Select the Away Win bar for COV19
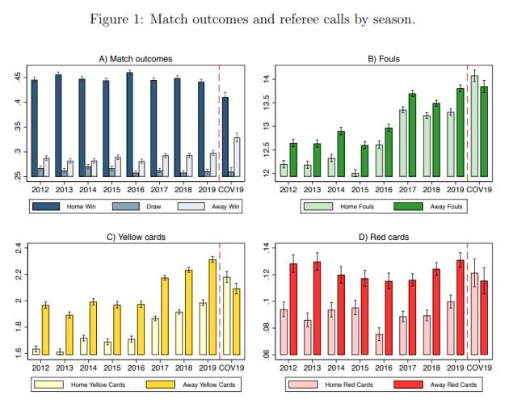point(237,157)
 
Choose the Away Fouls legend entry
point(421,207)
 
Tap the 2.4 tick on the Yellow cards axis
point(18,248)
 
